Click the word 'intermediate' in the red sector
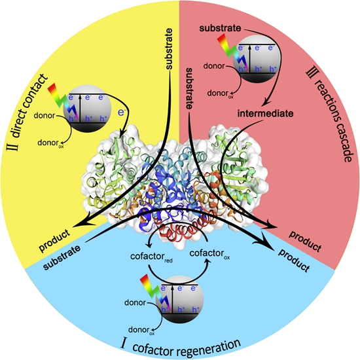coord(265,114)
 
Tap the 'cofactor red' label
coord(151,257)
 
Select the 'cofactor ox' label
coord(209,254)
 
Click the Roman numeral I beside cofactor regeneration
coord(124,344)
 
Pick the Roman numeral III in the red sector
coord(310,74)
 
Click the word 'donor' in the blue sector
coord(135,302)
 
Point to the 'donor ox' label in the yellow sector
coord(50,143)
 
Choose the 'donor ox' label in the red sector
coord(220,94)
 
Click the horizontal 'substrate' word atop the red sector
coord(220,28)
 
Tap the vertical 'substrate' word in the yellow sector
coord(168,48)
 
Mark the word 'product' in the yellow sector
coord(54,240)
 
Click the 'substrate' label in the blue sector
coord(62,257)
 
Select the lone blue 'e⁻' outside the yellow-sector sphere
coord(121,112)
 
